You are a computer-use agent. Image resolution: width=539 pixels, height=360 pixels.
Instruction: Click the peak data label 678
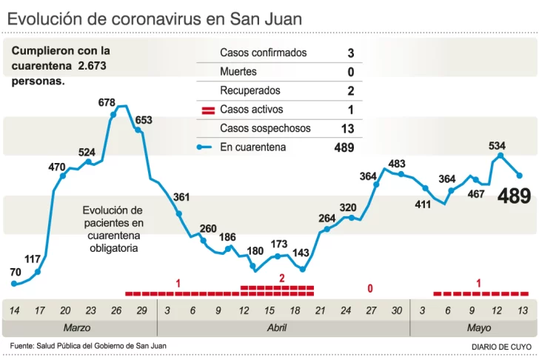pyautogui.click(x=107, y=101)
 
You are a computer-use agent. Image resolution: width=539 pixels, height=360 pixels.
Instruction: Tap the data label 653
pyautogui.click(x=144, y=120)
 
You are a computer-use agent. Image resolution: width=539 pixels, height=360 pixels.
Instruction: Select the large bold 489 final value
pyautogui.click(x=514, y=197)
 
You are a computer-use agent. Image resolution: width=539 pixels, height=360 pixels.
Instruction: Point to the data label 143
pyautogui.click(x=301, y=253)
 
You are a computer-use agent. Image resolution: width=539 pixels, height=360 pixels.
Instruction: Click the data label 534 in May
pyautogui.click(x=498, y=145)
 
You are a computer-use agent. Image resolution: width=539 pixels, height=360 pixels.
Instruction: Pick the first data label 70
pyautogui.click(x=16, y=272)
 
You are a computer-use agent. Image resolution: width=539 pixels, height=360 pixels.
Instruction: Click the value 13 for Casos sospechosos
pyautogui.click(x=347, y=129)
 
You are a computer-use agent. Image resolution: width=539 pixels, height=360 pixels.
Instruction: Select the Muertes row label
pyautogui.click(x=238, y=72)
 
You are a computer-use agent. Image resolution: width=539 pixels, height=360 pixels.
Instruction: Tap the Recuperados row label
pyautogui.click(x=250, y=90)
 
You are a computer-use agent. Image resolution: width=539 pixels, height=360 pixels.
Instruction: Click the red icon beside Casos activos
pyautogui.click(x=208, y=110)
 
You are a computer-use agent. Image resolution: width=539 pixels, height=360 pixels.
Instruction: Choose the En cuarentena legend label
pyautogui.click(x=253, y=147)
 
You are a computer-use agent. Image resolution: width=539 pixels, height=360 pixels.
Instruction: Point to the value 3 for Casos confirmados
pyautogui.click(x=350, y=53)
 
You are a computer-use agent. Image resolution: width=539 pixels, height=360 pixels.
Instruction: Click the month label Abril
pyautogui.click(x=277, y=327)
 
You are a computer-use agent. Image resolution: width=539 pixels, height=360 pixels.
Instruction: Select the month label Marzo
pyautogui.click(x=77, y=327)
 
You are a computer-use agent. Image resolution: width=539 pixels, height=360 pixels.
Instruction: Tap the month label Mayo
pyautogui.click(x=478, y=327)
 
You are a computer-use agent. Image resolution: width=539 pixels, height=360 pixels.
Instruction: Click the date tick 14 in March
pyautogui.click(x=15, y=310)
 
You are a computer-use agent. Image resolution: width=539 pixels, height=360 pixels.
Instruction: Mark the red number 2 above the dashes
pyautogui.click(x=281, y=278)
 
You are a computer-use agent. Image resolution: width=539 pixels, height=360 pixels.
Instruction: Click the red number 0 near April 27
pyautogui.click(x=369, y=288)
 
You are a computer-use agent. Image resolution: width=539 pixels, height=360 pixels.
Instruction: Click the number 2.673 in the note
pyautogui.click(x=93, y=66)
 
